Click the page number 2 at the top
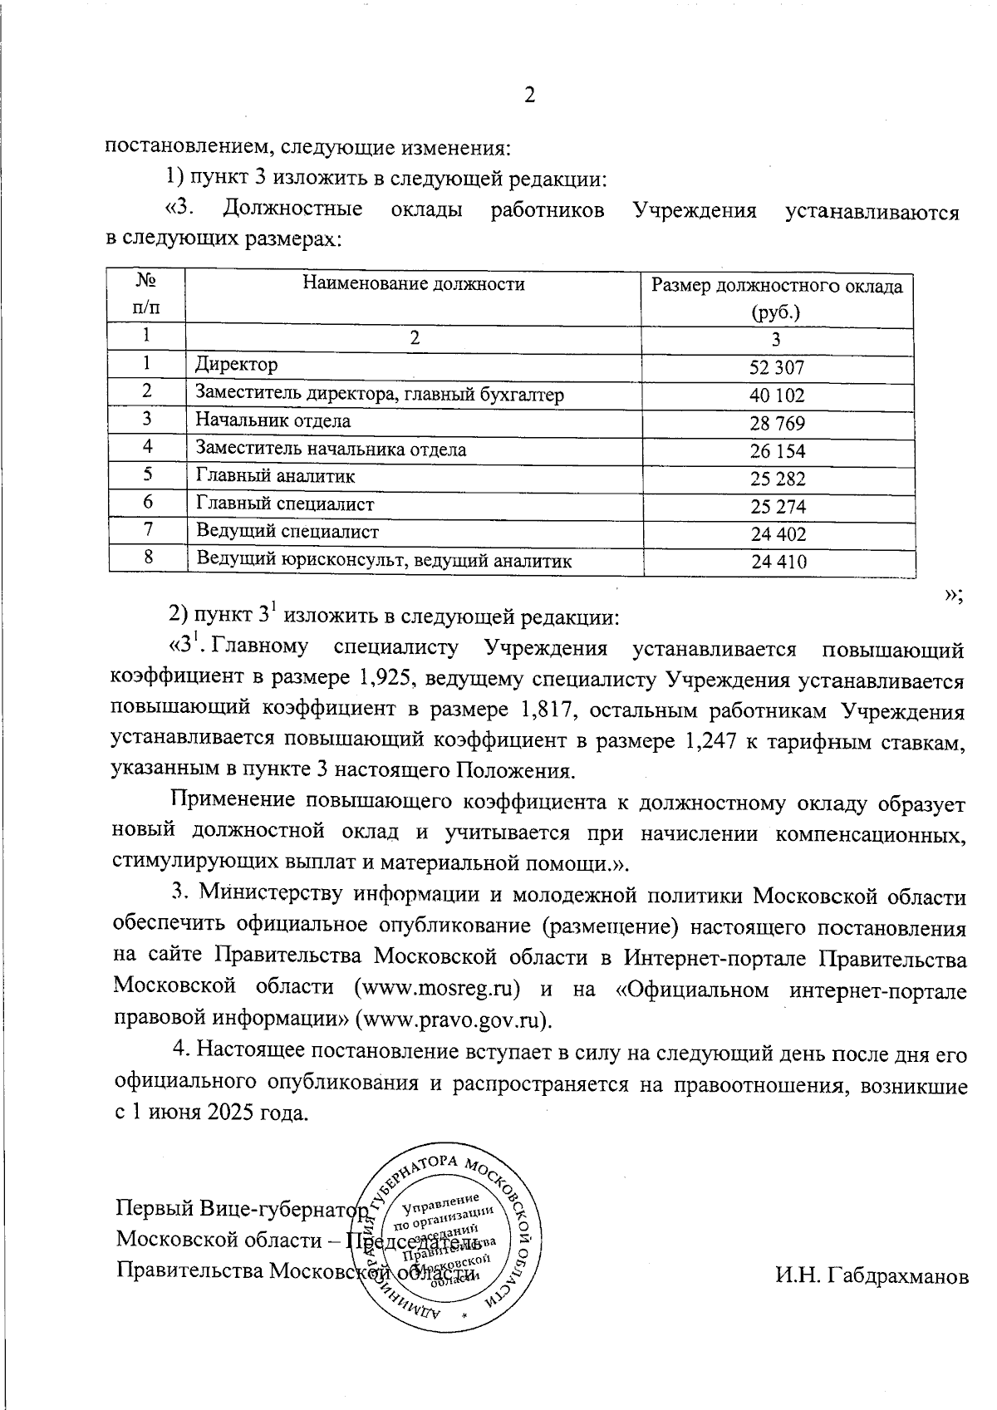(x=528, y=96)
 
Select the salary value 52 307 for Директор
(x=777, y=367)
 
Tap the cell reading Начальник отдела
(x=273, y=421)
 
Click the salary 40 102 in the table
(x=777, y=395)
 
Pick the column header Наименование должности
(x=413, y=284)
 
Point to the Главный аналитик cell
(x=275, y=477)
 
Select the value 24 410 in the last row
(x=778, y=563)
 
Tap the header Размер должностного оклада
(x=776, y=287)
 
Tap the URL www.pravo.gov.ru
(x=453, y=1019)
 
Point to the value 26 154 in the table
(x=777, y=451)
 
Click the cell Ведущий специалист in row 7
(x=287, y=532)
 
